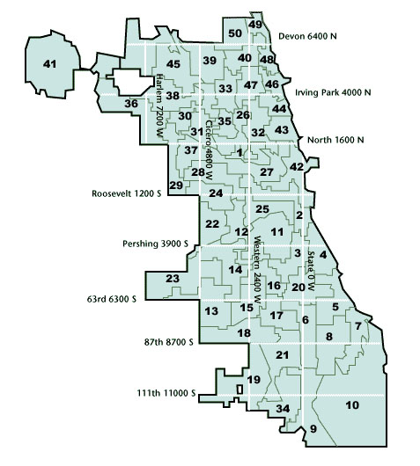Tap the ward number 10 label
pos(352,405)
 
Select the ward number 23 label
pos(173,279)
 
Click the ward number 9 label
pos(312,429)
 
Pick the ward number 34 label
pos(283,410)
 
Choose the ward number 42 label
pos(297,167)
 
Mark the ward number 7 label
pos(357,326)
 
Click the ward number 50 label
pos(234,34)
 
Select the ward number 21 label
pos(283,355)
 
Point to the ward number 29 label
pos(176,186)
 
